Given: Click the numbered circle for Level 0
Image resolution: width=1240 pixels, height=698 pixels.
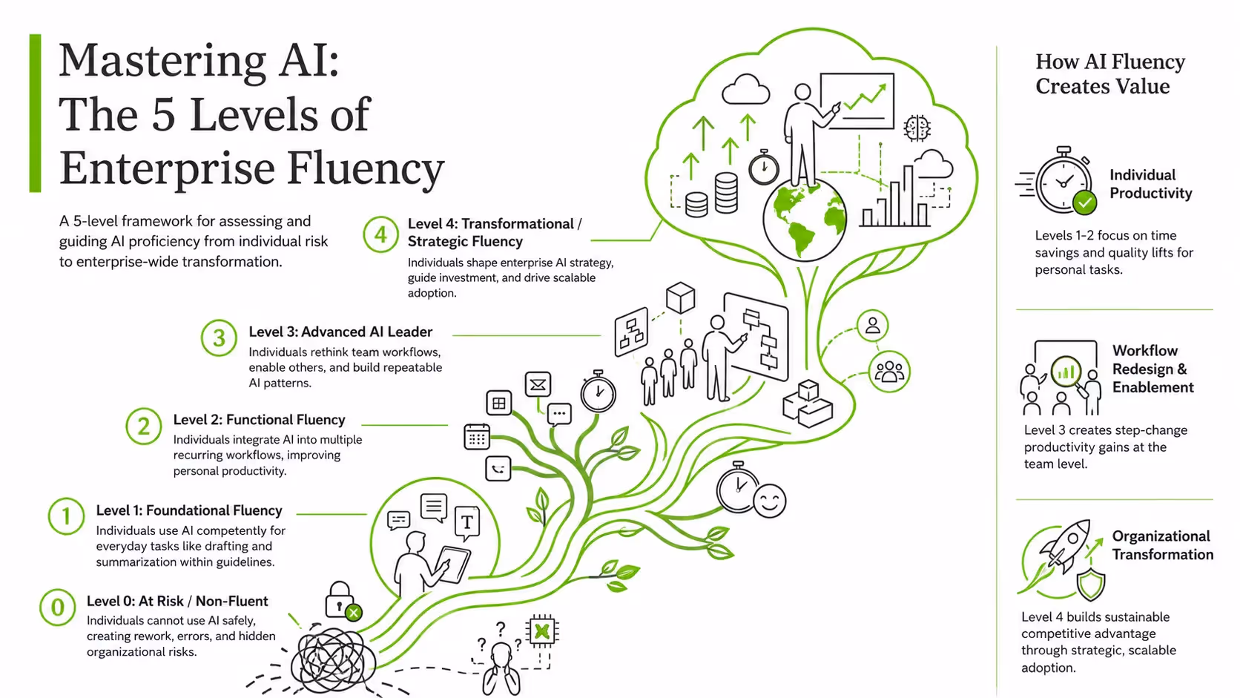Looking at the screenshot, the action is point(58,608).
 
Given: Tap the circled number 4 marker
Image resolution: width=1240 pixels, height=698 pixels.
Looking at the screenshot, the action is point(381,234).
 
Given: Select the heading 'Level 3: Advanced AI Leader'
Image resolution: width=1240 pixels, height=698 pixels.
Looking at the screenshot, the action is point(340,332).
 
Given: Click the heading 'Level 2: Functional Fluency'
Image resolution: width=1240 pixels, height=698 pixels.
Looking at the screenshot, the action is point(259,420).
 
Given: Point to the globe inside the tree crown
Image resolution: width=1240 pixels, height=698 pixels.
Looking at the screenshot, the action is point(805,220).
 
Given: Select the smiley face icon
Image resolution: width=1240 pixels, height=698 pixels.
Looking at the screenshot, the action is point(770,501).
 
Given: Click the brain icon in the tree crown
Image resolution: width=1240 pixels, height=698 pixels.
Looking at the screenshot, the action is point(917,128).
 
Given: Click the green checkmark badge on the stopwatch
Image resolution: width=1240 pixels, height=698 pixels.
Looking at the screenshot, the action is point(1084,202).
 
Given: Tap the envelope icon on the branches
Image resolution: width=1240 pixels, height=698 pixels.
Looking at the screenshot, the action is point(538,384).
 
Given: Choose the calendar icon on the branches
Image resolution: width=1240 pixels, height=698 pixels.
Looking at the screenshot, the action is point(477,437).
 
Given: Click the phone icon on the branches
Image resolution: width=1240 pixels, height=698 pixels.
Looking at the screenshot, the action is point(498,469).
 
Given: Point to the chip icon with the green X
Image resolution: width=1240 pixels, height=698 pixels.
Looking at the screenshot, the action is point(542,631).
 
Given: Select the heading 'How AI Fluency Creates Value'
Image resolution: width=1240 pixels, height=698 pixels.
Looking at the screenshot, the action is point(1110,73).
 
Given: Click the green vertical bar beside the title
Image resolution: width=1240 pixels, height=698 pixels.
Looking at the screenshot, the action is point(35,113).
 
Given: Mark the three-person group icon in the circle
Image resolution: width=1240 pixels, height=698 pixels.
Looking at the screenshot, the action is point(889,372).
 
